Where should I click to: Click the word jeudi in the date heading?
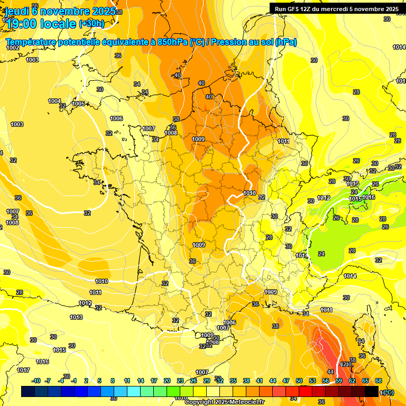tap(17, 11)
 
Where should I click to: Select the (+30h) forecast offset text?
tap(91, 24)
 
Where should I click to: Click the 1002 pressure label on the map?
tap(13, 48)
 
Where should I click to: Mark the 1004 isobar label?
tap(54, 101)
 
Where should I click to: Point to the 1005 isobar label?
tap(78, 104)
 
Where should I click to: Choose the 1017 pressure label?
tap(23, 370)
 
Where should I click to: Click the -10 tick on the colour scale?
tap(36, 381)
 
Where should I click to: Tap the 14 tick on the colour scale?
tap(141, 381)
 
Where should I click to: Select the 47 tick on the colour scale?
tap(286, 381)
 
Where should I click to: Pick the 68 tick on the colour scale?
tap(379, 381)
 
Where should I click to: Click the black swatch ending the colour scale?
tap(372, 391)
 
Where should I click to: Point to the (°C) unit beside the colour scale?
tap(387, 392)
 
